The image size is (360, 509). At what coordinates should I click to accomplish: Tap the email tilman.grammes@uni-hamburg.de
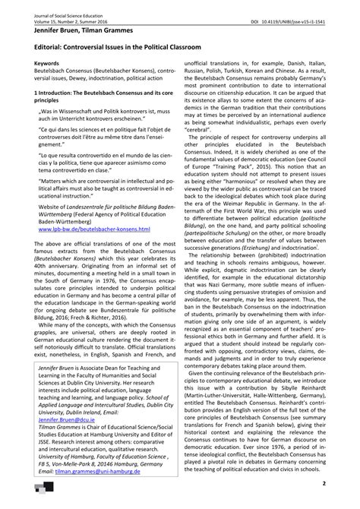click(96, 492)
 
